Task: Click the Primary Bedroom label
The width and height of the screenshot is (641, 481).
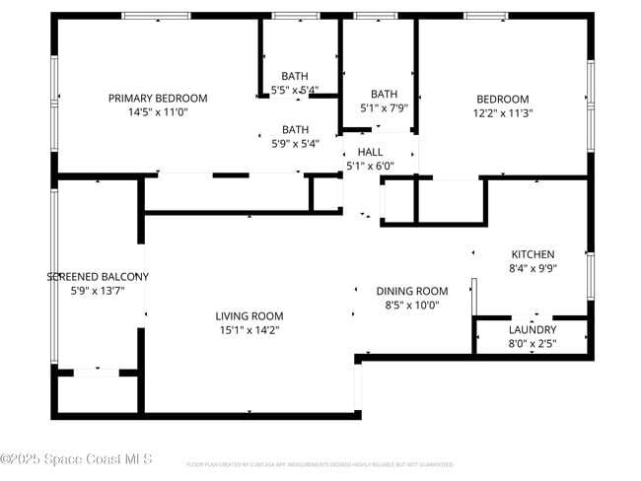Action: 158,98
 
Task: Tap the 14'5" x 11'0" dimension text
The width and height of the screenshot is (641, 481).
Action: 158,112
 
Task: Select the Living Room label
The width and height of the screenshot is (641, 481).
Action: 249,315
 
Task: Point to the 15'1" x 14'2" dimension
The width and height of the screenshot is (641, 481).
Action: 249,330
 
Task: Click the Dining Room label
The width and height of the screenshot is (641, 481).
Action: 412,291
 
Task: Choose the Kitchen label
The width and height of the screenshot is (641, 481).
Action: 533,254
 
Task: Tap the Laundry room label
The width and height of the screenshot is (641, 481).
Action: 533,329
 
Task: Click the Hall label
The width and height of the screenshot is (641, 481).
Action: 370,152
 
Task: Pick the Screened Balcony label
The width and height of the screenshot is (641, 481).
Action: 98,277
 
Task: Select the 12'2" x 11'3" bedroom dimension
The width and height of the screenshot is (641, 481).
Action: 503,112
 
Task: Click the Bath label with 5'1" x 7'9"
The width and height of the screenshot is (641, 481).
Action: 384,95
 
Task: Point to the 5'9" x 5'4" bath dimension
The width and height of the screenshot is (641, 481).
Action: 296,143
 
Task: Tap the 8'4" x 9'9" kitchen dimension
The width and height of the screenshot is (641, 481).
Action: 533,268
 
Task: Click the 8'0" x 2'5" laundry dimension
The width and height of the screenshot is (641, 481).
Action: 533,343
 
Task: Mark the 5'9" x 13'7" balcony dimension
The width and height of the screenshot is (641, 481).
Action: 98,291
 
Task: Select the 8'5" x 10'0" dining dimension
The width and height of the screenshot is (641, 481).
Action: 412,305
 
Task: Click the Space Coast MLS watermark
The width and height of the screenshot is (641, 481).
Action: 76,459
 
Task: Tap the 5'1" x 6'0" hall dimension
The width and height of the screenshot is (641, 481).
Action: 370,166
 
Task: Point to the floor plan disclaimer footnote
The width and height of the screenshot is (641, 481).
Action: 320,463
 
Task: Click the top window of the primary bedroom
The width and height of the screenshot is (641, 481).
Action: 156,16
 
